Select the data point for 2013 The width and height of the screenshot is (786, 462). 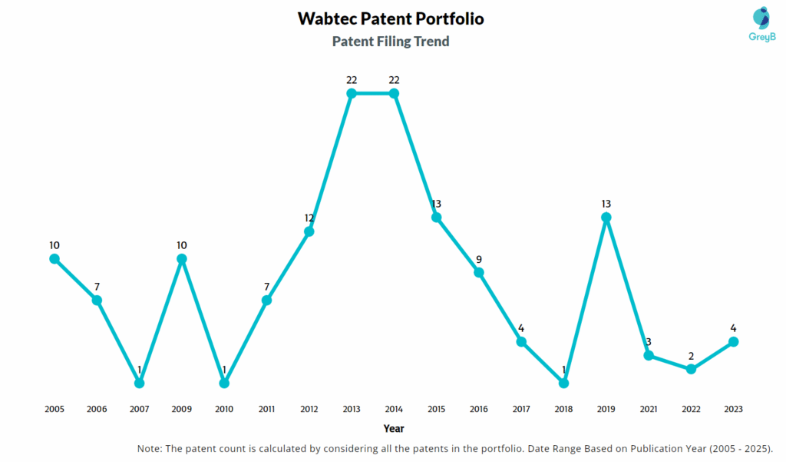pyautogui.click(x=352, y=93)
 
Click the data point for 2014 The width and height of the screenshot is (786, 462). pyautogui.click(x=394, y=93)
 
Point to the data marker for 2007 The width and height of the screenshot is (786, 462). pyautogui.click(x=139, y=383)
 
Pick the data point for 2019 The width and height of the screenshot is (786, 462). pyautogui.click(x=606, y=218)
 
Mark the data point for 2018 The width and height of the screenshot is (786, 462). pyautogui.click(x=563, y=383)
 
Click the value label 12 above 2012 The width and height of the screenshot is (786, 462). pyautogui.click(x=309, y=218)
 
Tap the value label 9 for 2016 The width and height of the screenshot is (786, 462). pyautogui.click(x=478, y=259)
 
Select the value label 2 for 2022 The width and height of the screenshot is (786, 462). pyautogui.click(x=691, y=356)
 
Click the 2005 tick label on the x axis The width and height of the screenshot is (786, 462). pyautogui.click(x=54, y=410)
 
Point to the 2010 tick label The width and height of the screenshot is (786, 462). pyautogui.click(x=224, y=410)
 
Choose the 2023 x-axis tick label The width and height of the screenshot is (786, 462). pyautogui.click(x=733, y=410)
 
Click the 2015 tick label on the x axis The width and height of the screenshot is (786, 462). pyautogui.click(x=436, y=410)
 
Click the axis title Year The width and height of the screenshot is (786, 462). pyautogui.click(x=394, y=429)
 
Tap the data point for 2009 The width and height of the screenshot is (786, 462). pyautogui.click(x=182, y=259)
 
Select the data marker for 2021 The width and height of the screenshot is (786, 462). pyautogui.click(x=649, y=355)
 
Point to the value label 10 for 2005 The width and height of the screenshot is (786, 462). pyautogui.click(x=54, y=245)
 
